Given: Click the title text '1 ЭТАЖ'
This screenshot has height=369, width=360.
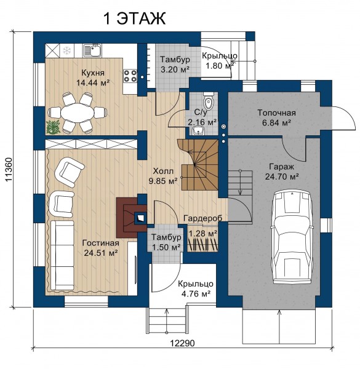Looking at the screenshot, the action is click(134, 18).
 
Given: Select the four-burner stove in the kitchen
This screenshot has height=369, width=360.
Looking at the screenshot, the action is click(130, 76).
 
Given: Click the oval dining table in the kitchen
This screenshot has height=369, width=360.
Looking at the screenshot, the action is click(77, 113).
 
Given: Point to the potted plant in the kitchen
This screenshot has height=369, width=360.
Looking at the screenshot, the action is click(54, 127).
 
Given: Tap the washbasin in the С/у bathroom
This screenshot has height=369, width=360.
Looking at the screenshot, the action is click(199, 130).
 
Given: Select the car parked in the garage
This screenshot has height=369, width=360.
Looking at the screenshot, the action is click(292, 237).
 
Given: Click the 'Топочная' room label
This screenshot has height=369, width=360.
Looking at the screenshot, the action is click(276, 113).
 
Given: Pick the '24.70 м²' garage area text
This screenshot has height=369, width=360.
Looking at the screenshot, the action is click(282, 177).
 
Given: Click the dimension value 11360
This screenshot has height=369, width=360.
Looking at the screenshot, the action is click(9, 170).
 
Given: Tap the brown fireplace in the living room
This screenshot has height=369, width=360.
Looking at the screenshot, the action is click(131, 218).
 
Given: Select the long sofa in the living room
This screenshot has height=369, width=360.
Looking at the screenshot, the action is click(62, 255).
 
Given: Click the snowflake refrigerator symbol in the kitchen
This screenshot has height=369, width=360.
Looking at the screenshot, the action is click(67, 50).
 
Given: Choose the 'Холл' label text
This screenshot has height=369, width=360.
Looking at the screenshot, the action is click(163, 171).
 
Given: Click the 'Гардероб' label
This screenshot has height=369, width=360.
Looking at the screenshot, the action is click(202, 218).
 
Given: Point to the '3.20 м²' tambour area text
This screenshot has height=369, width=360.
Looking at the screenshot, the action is click(175, 69).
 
